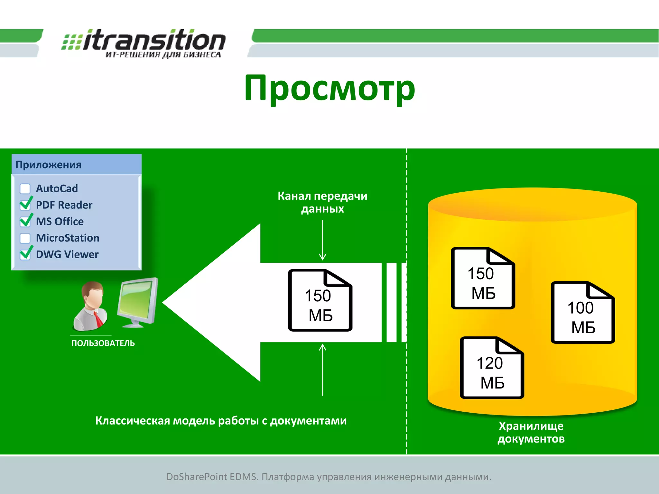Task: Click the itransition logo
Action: [144, 43]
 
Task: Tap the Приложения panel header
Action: [77, 164]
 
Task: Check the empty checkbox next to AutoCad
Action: [25, 189]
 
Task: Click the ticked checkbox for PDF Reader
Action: [25, 205]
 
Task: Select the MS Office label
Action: [60, 221]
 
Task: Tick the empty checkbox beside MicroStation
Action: [25, 238]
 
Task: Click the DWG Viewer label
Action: [67, 254]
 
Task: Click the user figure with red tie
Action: [90, 306]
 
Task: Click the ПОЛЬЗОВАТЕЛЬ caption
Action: [103, 343]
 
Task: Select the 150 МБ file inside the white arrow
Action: [320, 300]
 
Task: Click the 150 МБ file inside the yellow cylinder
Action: [483, 279]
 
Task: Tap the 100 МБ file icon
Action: [582, 313]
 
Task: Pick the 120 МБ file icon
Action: [492, 368]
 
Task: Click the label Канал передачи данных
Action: [322, 202]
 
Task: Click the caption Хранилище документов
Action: [531, 432]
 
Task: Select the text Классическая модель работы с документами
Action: [221, 421]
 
